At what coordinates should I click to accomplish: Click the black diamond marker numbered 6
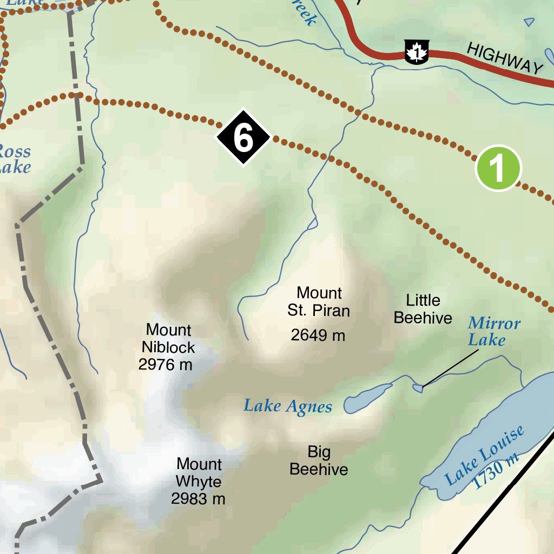(243, 138)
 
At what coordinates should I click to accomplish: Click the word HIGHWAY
(504, 59)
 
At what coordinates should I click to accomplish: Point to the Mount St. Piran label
(319, 301)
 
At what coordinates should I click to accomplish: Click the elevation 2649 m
(318, 335)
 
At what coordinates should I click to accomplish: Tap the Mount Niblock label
(168, 338)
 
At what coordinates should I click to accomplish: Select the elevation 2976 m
(165, 365)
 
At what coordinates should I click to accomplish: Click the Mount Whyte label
(199, 473)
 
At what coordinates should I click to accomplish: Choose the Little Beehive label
(423, 309)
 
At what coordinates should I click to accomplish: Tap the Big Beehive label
(319, 460)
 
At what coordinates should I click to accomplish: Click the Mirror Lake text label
(493, 332)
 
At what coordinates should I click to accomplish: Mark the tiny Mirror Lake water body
(418, 387)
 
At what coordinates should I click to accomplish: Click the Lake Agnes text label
(287, 406)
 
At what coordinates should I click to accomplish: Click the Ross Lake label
(14, 159)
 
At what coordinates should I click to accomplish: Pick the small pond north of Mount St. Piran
(312, 223)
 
